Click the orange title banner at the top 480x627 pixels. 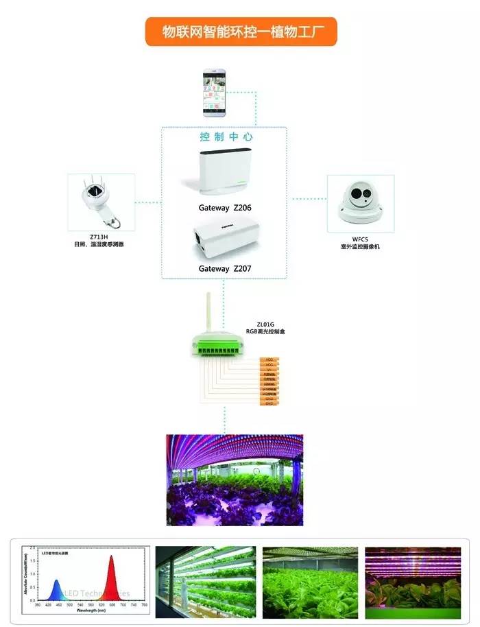click(241, 32)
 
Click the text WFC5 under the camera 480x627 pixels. click(361, 238)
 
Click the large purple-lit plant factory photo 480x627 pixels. click(235, 480)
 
